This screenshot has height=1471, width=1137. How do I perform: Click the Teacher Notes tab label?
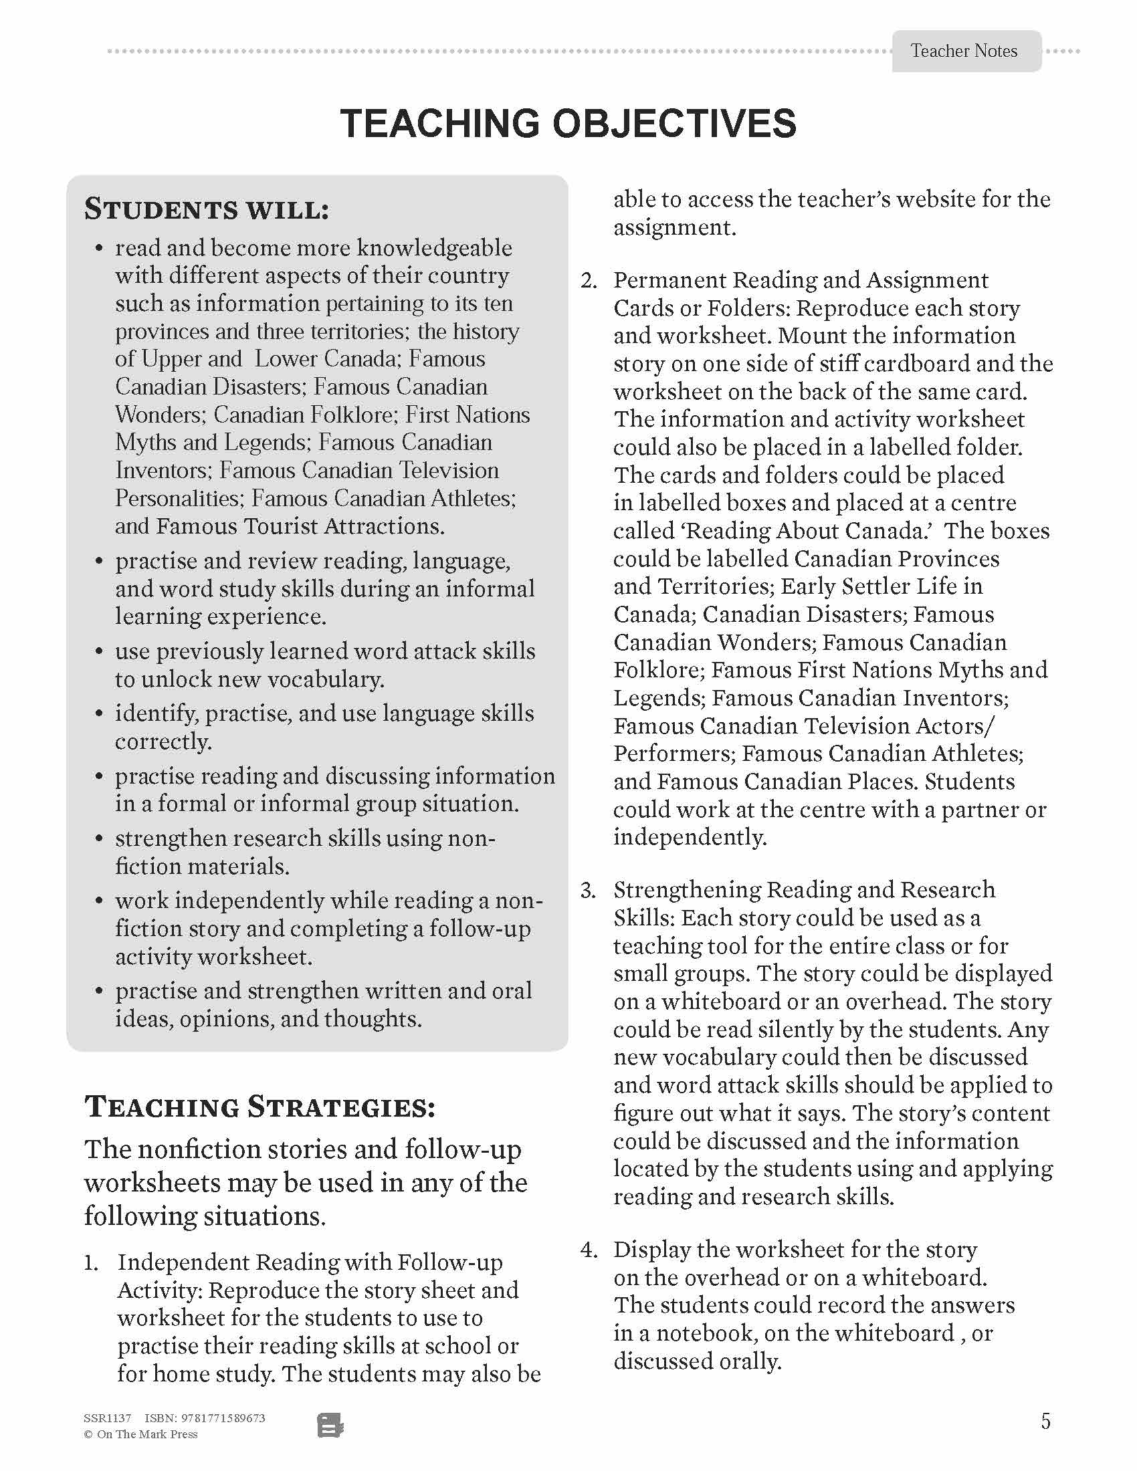pyautogui.click(x=963, y=51)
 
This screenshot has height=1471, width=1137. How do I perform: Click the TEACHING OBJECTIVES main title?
pyautogui.click(x=568, y=124)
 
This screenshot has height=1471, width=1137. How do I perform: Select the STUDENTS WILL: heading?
pyautogui.click(x=206, y=209)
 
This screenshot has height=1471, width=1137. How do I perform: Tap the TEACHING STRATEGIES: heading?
pyautogui.click(x=260, y=1107)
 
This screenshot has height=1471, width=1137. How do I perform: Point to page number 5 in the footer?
pyautogui.click(x=1045, y=1422)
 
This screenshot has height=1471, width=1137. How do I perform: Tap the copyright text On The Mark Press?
pyautogui.click(x=147, y=1435)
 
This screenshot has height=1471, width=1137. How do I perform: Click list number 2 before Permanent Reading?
pyautogui.click(x=589, y=281)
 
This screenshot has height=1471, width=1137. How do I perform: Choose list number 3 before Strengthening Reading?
pyautogui.click(x=589, y=891)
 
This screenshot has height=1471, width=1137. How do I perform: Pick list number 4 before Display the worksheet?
pyautogui.click(x=589, y=1250)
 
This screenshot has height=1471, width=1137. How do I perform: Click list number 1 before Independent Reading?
pyautogui.click(x=92, y=1263)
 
